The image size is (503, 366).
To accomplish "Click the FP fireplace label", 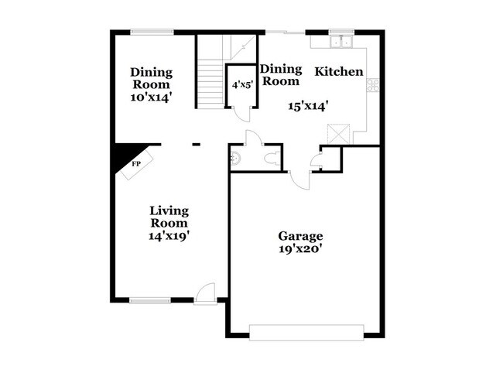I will pyautogui.click(x=135, y=164).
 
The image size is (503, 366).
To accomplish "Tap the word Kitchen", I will pyautogui.click(x=338, y=71).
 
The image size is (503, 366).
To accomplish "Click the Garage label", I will pyautogui.click(x=300, y=236).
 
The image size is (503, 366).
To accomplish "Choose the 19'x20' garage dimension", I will pyautogui.click(x=300, y=249).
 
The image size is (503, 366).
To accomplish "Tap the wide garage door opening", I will pyautogui.click(x=306, y=334).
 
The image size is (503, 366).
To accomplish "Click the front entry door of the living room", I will pyautogui.click(x=204, y=293).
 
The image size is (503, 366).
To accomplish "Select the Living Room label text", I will pyautogui.click(x=169, y=217).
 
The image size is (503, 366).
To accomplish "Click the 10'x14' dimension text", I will pyautogui.click(x=151, y=97).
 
